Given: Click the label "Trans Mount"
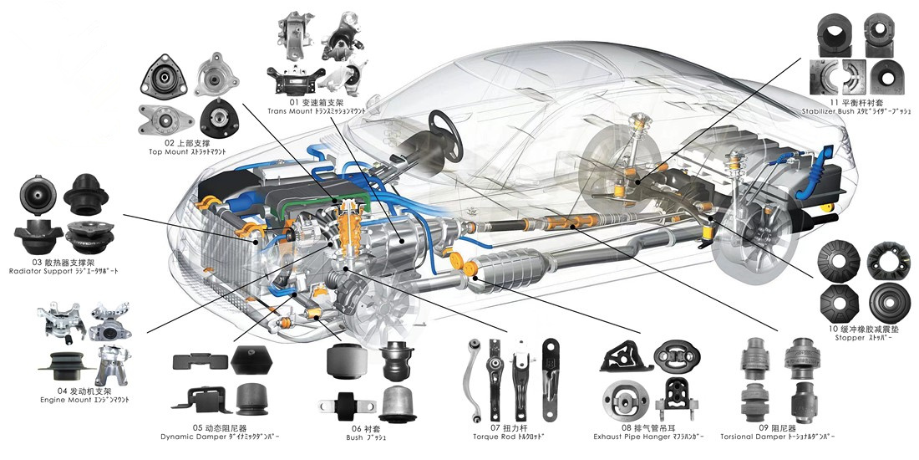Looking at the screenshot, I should tap(289, 110).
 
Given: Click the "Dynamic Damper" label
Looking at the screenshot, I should tap(190, 437).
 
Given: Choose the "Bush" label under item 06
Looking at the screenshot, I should tap(354, 437).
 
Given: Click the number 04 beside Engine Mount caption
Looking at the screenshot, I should tap(62, 391).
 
